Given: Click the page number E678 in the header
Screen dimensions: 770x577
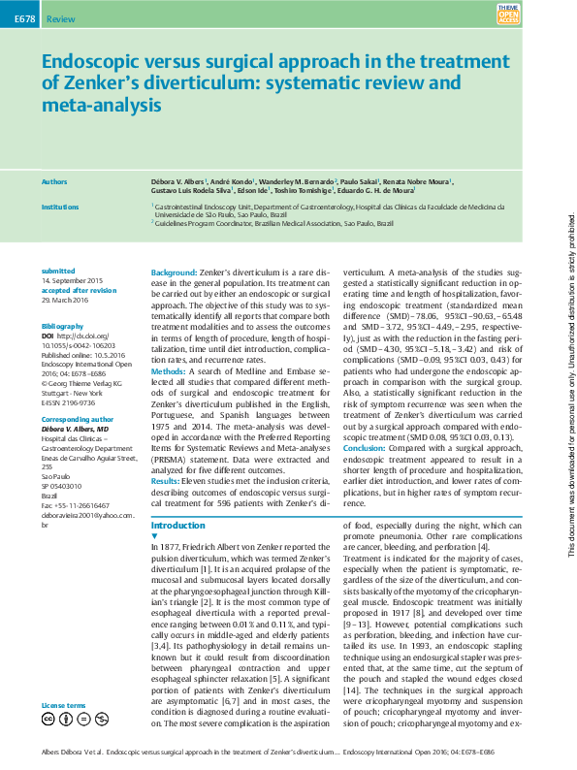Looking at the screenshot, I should tap(19, 18).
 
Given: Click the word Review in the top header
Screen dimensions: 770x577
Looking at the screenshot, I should tap(61, 19).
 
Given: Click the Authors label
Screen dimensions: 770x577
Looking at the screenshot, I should tap(54, 181).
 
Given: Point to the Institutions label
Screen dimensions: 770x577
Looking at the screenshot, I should tap(60, 207).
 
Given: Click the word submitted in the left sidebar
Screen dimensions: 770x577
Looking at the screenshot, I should tap(57, 271).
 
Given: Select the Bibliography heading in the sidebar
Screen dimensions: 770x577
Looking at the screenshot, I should tap(64, 302).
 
